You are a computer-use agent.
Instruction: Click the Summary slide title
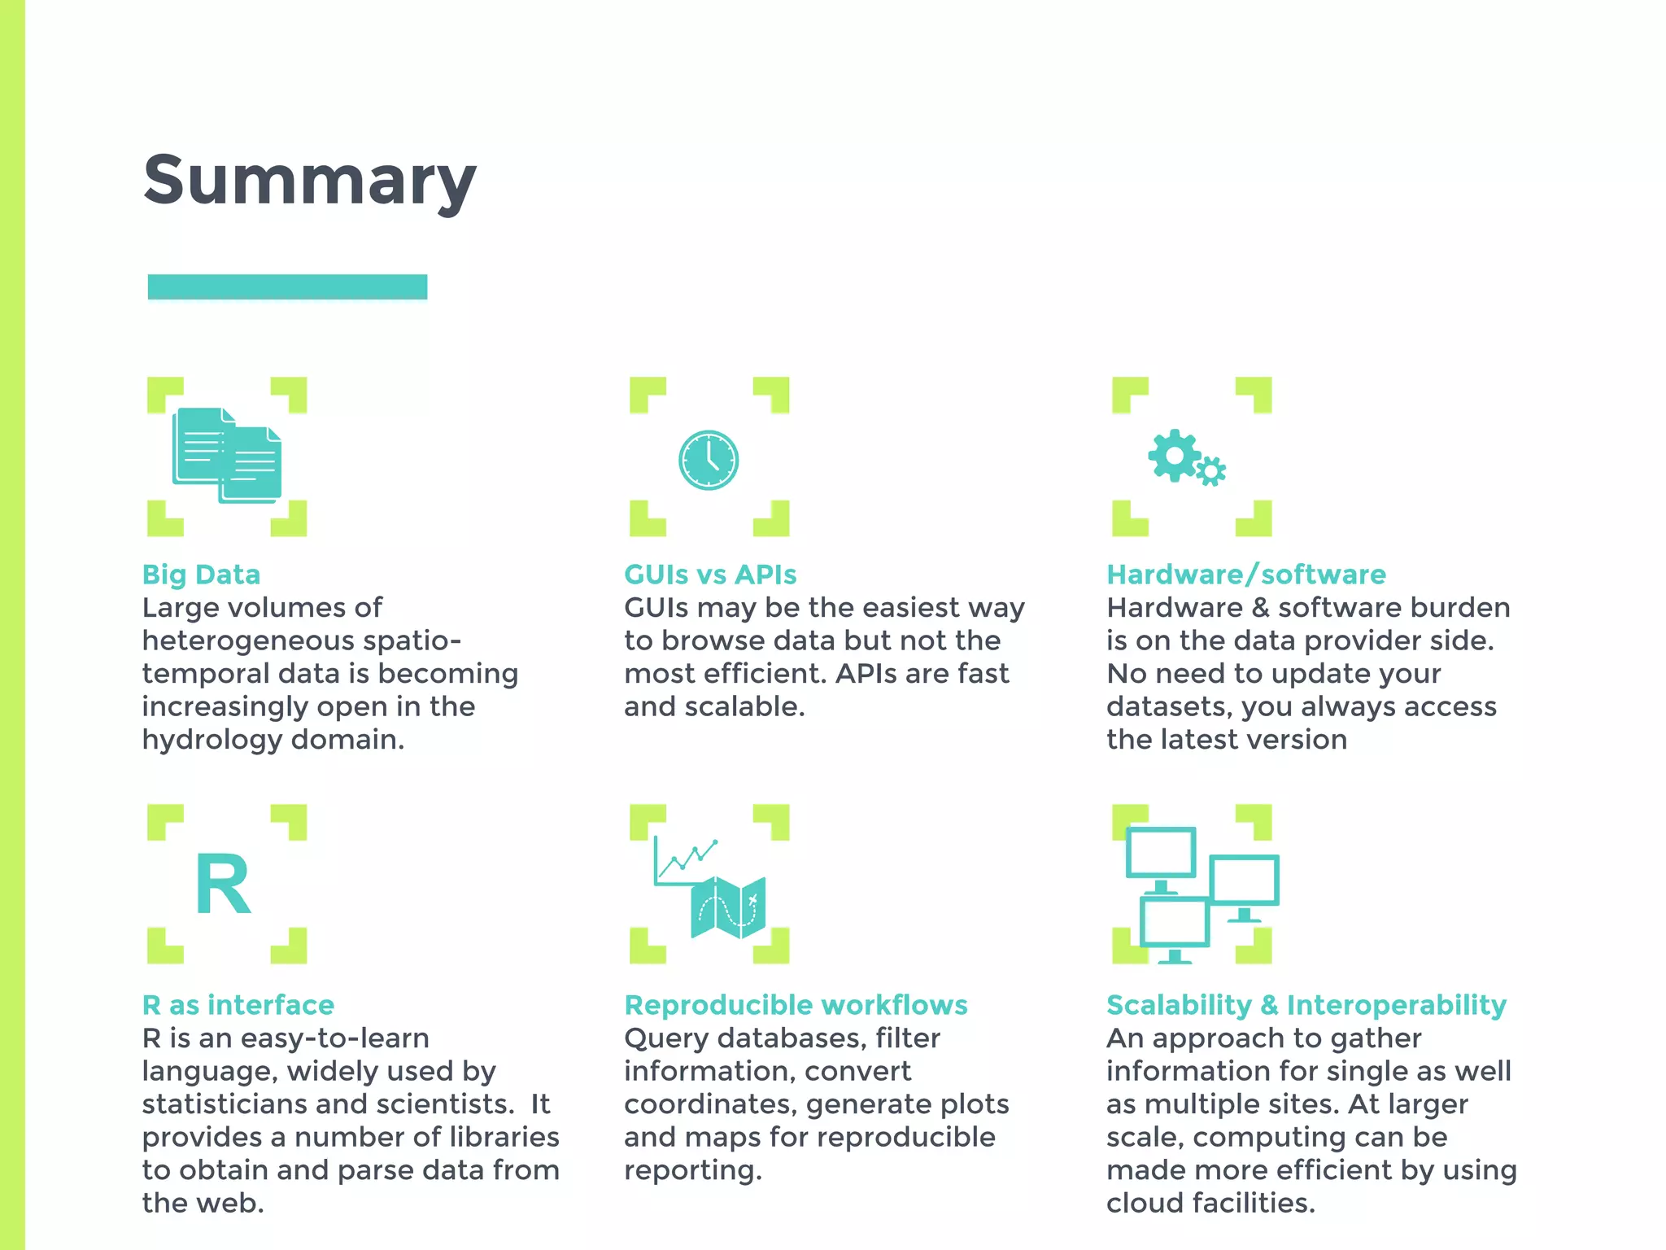309,181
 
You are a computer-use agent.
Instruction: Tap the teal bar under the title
287,287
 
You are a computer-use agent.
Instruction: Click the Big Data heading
201,575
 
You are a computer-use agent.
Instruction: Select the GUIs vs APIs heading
710,575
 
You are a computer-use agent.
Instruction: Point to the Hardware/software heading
1245,575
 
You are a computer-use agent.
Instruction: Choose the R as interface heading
238,1005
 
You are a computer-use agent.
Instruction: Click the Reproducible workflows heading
796,1005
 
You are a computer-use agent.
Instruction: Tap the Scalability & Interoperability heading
1306,1005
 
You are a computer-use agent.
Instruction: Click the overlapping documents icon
227,455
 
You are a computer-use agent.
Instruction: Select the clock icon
709,460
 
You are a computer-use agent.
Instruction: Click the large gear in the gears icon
1174,455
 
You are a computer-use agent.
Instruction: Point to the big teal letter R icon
223,885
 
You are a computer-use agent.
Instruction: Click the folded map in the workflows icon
728,907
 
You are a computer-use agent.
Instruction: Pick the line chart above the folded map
686,861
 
